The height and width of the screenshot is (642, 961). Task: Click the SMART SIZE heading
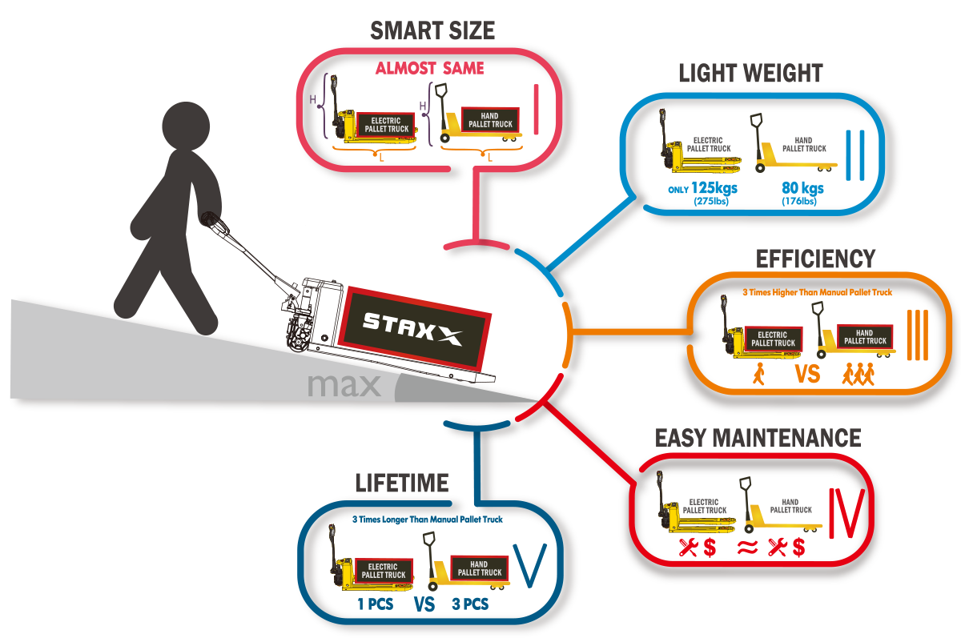point(432,30)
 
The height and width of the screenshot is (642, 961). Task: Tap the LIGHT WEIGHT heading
point(750,74)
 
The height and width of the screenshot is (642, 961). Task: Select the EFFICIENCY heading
point(815,259)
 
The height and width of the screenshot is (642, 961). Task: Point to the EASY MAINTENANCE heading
point(758,438)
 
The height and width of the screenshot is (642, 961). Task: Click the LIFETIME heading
point(402,482)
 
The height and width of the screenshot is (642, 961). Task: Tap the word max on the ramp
point(344,386)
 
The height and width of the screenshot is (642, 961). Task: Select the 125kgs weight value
point(714,189)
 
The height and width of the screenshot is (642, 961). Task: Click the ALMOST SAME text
point(429,69)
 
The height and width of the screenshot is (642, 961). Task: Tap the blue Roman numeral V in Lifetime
point(530,564)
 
